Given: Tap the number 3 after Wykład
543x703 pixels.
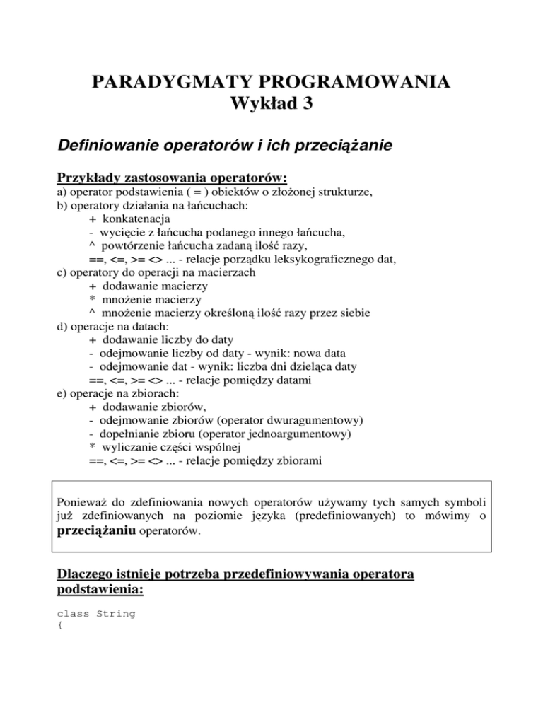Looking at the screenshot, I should click(x=305, y=108).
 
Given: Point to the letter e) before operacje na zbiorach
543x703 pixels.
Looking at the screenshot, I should click(x=62, y=393).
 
